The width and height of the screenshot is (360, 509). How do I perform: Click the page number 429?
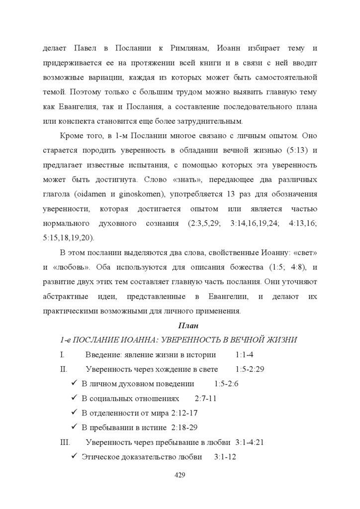[x=180, y=475]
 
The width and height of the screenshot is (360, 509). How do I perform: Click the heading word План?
[x=188, y=326]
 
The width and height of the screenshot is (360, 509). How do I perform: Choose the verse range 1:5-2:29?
[x=250, y=369]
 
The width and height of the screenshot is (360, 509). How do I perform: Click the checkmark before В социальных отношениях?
[x=74, y=398]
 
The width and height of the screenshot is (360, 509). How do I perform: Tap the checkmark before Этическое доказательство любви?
[x=74, y=456]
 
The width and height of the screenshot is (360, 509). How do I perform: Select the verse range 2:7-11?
[x=206, y=399]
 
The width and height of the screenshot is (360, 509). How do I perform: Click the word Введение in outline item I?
[x=102, y=355]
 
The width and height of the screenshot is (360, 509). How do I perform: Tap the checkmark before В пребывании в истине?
[x=74, y=427]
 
